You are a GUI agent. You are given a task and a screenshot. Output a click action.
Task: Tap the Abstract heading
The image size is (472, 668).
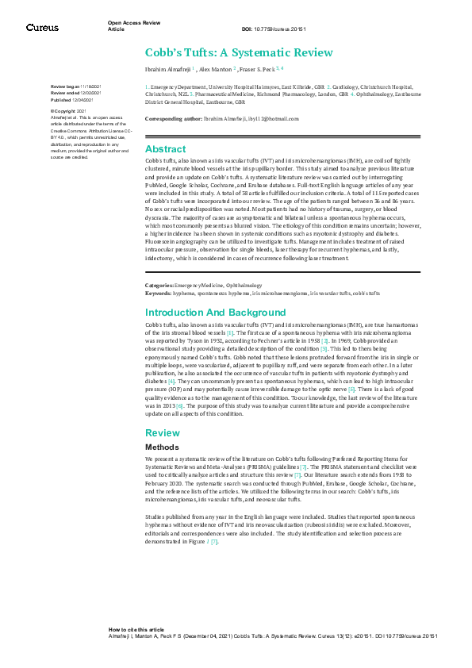(165, 149)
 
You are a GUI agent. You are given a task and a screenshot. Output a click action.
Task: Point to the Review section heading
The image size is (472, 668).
(161, 433)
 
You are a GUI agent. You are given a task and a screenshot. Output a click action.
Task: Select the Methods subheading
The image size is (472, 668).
(163, 447)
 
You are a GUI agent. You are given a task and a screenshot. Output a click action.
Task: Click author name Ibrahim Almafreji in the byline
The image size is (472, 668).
(167, 70)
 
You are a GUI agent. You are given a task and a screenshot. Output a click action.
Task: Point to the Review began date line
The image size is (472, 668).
(76, 86)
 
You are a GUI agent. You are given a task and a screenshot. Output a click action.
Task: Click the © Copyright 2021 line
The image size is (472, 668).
(67, 111)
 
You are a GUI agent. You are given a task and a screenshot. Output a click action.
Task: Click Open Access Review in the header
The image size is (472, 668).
(133, 23)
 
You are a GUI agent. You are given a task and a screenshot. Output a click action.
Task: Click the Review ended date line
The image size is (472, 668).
(76, 94)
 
